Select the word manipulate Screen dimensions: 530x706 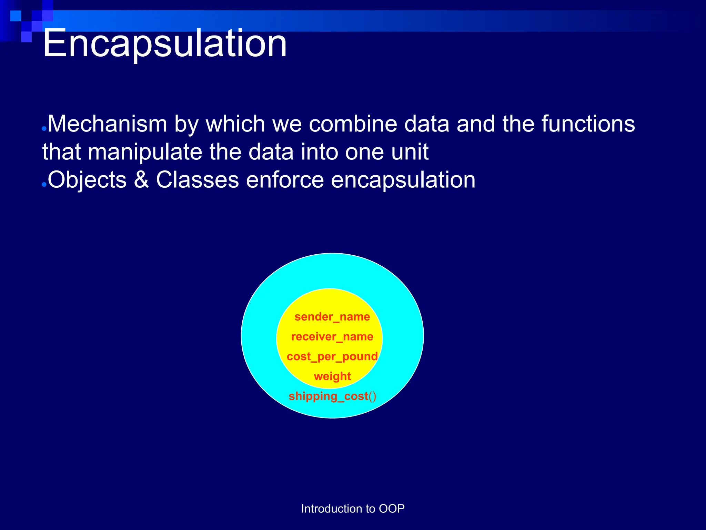(145, 153)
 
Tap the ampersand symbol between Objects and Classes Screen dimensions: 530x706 (141, 180)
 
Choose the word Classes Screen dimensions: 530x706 (197, 180)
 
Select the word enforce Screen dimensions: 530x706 (285, 180)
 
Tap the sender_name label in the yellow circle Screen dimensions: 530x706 (332, 317)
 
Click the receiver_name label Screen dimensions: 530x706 (332, 336)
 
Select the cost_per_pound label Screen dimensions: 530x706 (332, 356)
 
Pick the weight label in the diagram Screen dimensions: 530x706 (332, 376)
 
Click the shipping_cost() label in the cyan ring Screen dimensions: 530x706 (332, 396)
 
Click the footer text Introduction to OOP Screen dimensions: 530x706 (353, 509)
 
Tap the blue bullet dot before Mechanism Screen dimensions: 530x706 (44, 129)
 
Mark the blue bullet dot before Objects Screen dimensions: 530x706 (44, 185)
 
